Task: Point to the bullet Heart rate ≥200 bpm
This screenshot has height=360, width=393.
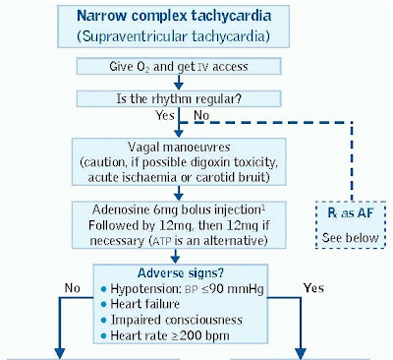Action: tap(163, 336)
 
